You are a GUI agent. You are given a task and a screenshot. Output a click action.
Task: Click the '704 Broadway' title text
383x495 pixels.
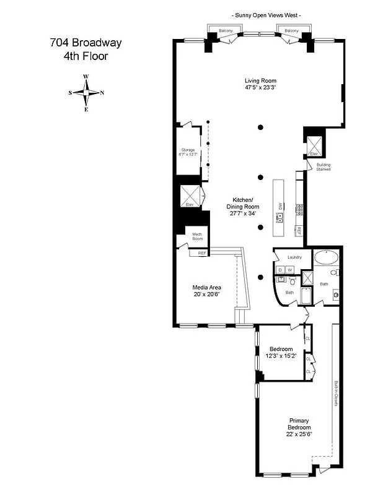86,43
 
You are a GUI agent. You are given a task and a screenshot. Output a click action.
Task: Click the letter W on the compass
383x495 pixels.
86,77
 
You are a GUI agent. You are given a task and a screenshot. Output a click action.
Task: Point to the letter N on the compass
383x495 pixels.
102,93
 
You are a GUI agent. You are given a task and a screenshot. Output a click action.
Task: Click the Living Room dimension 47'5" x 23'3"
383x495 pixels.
260,88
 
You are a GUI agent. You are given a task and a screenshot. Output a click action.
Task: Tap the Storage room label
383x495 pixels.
188,150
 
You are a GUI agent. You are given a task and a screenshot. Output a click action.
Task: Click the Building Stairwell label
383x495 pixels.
324,166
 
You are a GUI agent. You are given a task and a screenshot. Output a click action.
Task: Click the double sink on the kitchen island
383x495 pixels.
280,217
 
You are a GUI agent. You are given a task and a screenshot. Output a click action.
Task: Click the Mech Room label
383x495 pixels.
197,236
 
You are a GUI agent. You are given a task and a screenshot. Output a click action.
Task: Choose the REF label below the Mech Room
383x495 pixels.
201,253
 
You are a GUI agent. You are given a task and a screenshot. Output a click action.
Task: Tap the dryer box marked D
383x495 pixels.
280,270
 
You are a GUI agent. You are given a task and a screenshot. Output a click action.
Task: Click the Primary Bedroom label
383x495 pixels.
299,427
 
